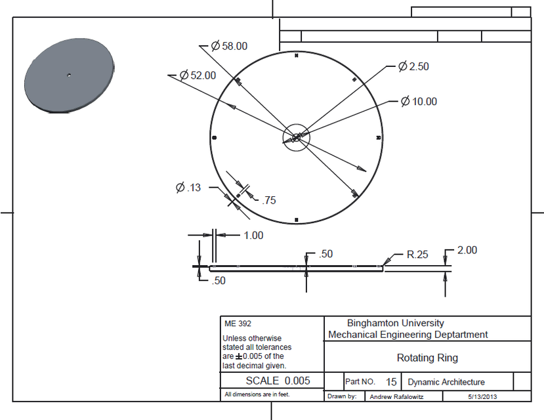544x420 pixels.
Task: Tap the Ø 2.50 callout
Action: [414, 67]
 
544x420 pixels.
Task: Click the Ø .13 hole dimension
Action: [188, 188]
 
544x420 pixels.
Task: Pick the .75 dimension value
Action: [268, 201]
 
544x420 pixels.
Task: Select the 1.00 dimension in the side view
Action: [253, 236]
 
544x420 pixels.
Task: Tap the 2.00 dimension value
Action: [467, 250]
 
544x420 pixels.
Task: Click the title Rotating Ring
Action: [427, 358]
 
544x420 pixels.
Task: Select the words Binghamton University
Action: [395, 323]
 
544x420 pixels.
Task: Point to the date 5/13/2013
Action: [483, 397]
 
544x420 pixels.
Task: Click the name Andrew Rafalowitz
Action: [398, 397]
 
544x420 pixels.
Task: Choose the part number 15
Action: [391, 381]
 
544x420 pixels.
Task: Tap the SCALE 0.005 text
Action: [274, 381]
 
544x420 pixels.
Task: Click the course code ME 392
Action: [238, 324]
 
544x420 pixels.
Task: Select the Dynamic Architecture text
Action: [446, 382]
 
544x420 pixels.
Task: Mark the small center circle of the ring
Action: [296, 137]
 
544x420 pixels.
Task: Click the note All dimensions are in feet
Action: [257, 395]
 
